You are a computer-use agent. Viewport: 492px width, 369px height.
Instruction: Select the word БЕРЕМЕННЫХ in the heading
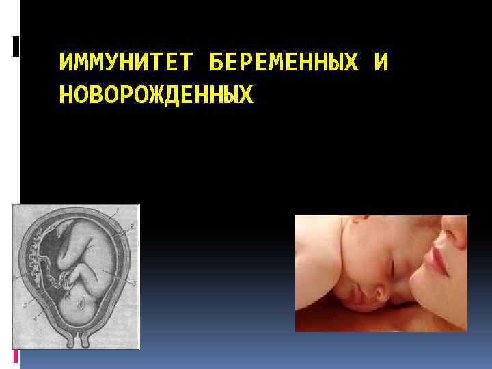[284, 64]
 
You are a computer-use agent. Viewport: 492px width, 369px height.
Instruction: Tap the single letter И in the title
[382, 64]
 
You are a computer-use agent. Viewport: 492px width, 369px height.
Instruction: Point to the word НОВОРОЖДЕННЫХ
[156, 95]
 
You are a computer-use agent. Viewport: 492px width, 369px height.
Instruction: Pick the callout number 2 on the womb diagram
[132, 225]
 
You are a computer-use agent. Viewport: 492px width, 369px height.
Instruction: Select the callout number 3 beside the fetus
[135, 282]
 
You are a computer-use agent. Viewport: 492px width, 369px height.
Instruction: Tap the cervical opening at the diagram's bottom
[76, 341]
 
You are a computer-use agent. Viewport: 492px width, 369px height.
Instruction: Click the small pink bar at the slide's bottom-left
[16, 355]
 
